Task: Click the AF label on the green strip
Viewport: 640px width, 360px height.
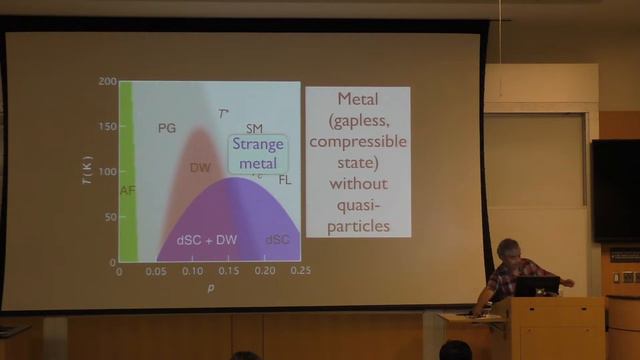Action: (126, 190)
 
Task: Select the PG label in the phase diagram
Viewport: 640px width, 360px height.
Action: (167, 128)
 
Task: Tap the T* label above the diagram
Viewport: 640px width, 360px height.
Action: (224, 114)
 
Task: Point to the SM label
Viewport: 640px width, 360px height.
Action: (255, 128)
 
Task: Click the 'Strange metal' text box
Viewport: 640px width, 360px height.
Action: (258, 152)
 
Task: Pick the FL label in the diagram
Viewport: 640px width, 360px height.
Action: (284, 180)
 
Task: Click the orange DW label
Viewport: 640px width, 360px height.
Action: (200, 168)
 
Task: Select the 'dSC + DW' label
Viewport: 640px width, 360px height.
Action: (206, 241)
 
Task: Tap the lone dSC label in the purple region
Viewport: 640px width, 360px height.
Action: (277, 241)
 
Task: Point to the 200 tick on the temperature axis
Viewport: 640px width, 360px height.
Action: (107, 82)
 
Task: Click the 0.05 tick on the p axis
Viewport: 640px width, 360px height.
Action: (155, 271)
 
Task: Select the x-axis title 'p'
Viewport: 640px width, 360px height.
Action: (209, 288)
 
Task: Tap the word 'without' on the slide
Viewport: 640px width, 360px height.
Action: (357, 184)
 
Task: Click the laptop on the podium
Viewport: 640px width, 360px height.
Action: (536, 286)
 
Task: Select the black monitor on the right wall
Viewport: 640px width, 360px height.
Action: (615, 190)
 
